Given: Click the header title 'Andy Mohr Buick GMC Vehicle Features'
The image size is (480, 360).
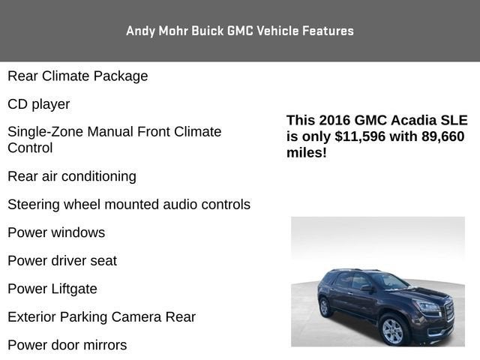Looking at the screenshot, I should (x=240, y=31).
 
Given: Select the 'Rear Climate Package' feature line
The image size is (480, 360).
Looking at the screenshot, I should (x=78, y=76).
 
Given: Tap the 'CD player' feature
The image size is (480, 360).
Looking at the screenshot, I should (x=39, y=104).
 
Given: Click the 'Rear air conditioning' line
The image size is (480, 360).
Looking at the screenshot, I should (x=72, y=176).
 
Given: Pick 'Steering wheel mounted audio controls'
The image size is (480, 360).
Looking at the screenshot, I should (x=129, y=204).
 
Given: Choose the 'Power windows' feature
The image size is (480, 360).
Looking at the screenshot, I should (x=56, y=232).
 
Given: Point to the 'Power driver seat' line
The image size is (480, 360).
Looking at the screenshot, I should (x=62, y=261).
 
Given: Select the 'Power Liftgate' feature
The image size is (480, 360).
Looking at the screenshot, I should (x=52, y=289).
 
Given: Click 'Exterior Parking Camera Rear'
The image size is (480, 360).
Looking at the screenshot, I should (x=102, y=317).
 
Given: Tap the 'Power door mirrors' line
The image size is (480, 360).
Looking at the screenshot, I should (x=67, y=345).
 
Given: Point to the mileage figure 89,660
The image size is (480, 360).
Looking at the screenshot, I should (x=439, y=136).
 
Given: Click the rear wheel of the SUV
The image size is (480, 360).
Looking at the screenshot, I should (x=325, y=307).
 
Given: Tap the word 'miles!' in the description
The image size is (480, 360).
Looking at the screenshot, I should (x=306, y=153).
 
